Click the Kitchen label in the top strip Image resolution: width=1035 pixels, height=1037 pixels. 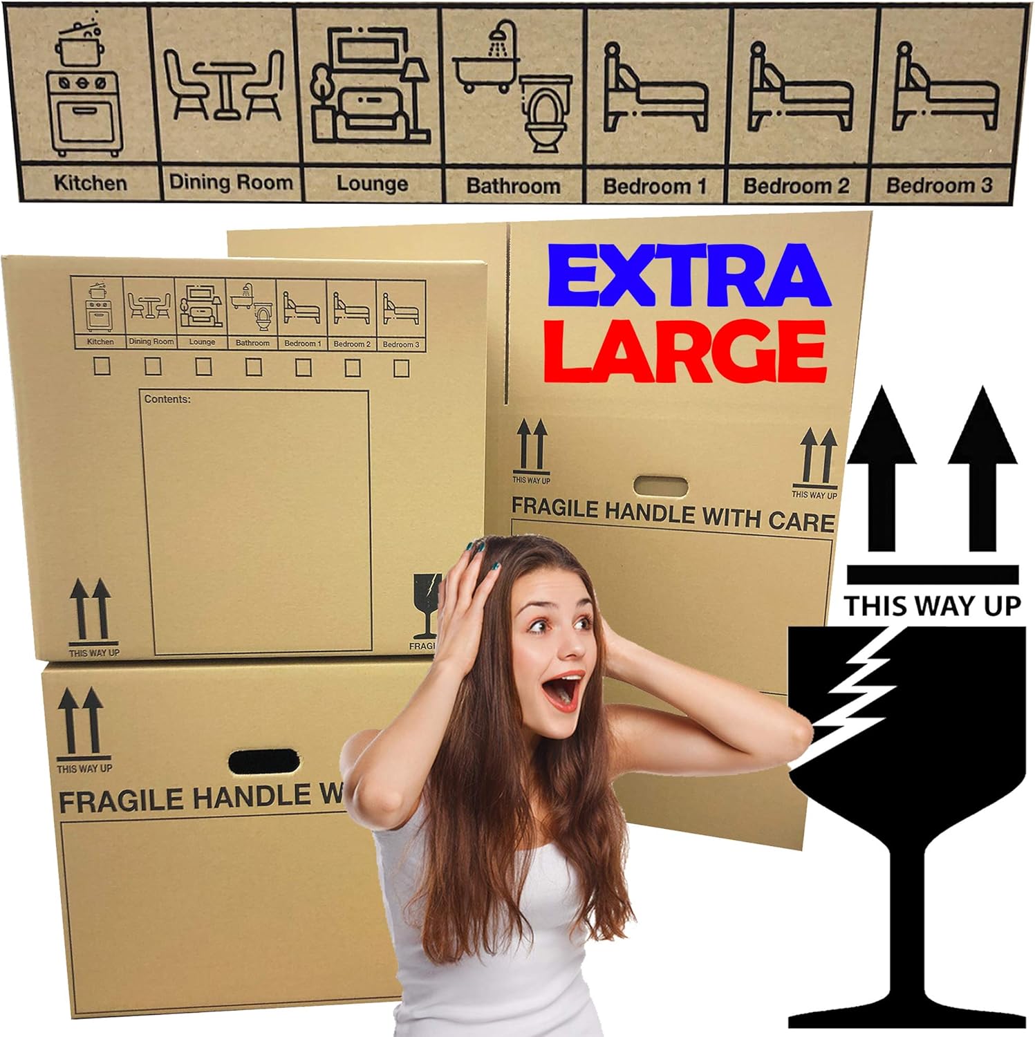pyautogui.click(x=90, y=183)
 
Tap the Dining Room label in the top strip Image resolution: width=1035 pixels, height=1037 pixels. pyautogui.click(x=231, y=183)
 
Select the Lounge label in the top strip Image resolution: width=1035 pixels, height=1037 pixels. pyautogui.click(x=372, y=184)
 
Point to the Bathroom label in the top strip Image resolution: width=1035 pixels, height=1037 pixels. pyautogui.click(x=513, y=185)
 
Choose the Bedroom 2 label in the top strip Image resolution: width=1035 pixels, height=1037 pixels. pyautogui.click(x=796, y=185)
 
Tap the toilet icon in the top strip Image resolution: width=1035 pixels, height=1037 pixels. pyautogui.click(x=546, y=114)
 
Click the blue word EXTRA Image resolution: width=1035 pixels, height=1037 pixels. pyautogui.click(x=688, y=275)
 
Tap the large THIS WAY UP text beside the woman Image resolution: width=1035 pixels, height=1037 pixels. pyautogui.click(x=932, y=606)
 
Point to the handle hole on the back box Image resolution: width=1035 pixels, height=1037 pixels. pyautogui.click(x=660, y=486)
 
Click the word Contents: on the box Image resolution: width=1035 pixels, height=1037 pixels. pyautogui.click(x=167, y=399)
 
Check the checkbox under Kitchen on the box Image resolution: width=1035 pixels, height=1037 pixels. pyautogui.click(x=102, y=366)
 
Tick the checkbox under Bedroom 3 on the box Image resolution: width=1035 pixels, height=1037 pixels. pyautogui.click(x=401, y=368)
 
